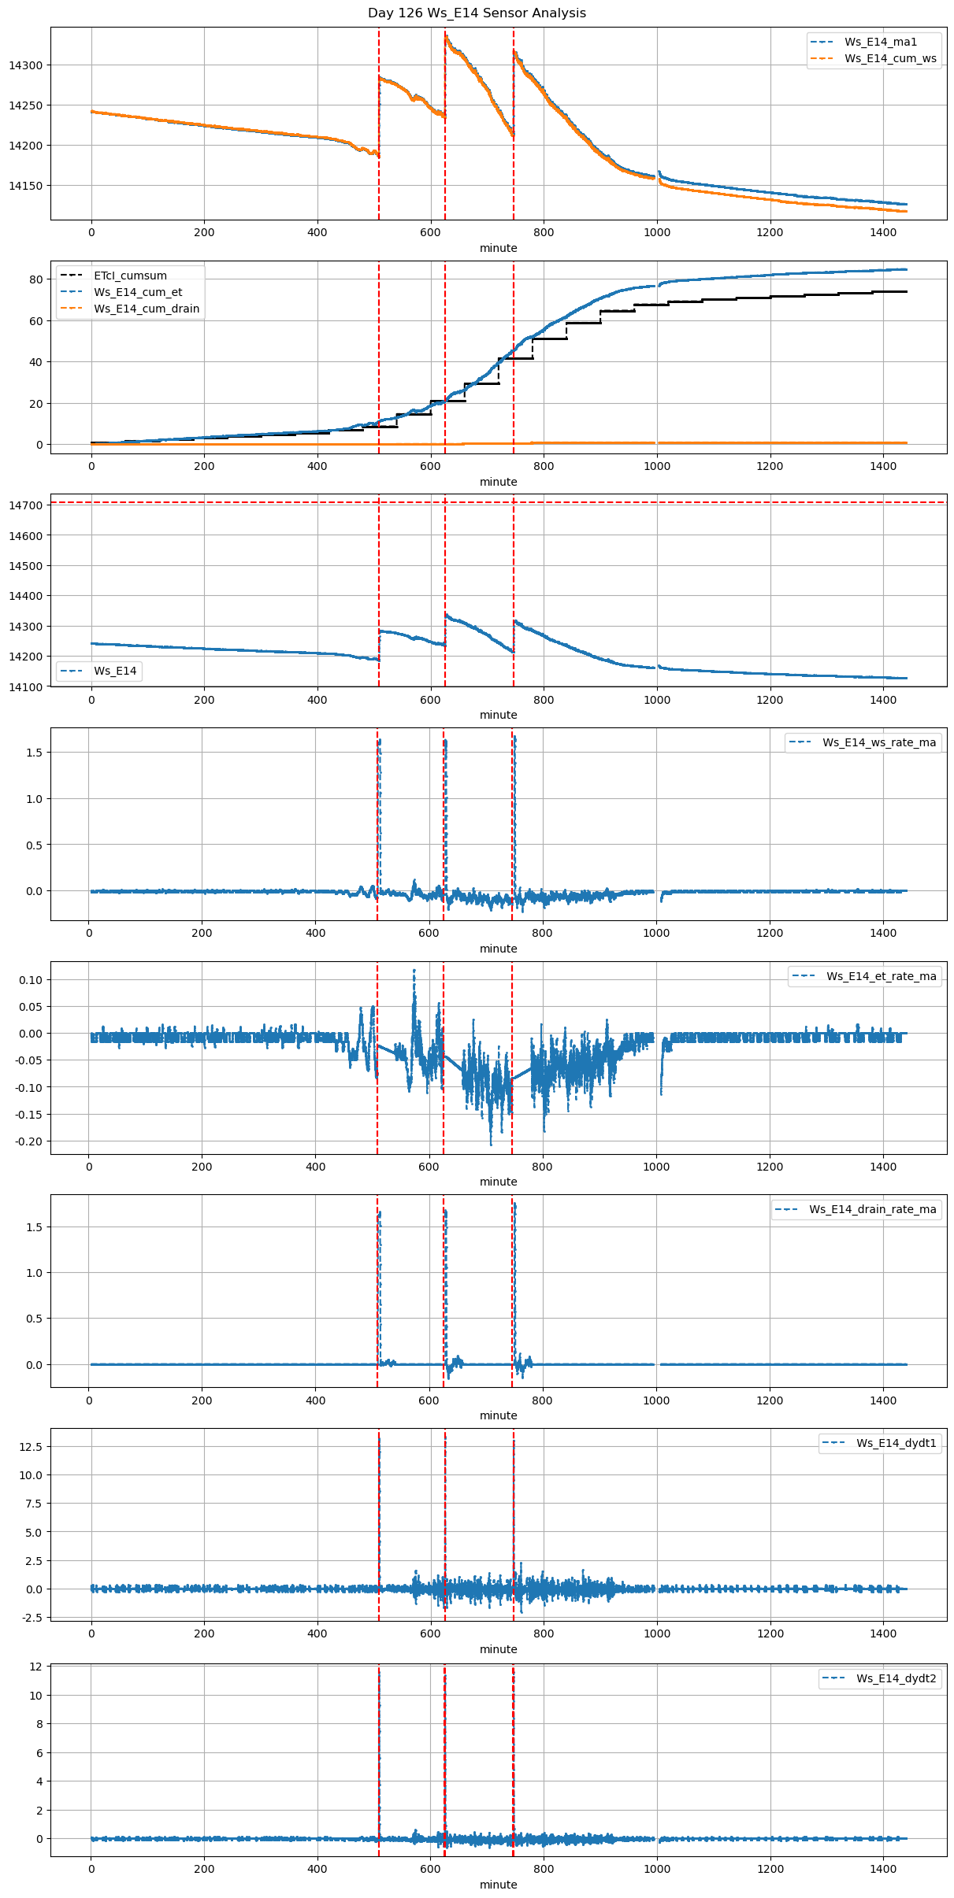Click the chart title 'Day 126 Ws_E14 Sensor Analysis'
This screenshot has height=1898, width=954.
[x=477, y=13]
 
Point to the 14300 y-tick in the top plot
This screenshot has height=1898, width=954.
[x=24, y=65]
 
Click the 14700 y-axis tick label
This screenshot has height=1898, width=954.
[x=24, y=505]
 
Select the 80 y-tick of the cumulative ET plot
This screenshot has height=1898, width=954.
[x=35, y=279]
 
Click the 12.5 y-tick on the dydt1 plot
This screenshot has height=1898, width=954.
[x=32, y=1447]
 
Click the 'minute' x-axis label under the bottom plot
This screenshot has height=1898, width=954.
[x=499, y=1885]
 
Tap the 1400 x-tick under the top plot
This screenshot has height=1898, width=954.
[x=883, y=232]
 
